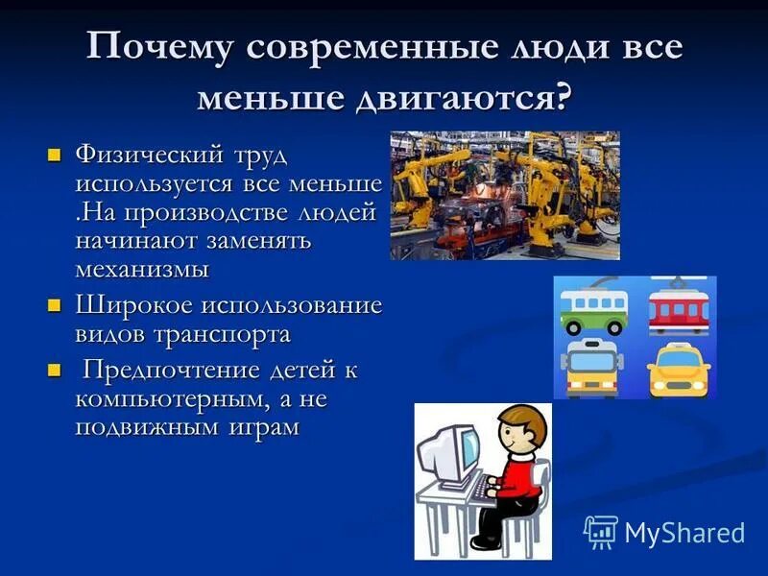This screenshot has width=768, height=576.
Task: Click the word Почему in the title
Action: (x=156, y=49)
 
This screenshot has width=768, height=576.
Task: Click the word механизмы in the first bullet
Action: (x=142, y=269)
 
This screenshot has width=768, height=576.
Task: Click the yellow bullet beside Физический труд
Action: (x=55, y=155)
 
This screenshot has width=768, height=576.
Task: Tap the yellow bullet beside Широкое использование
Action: (x=55, y=306)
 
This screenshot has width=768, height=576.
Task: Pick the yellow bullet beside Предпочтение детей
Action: (x=55, y=370)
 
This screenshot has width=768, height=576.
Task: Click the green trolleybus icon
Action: (x=592, y=309)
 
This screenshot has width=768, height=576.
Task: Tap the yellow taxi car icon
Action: (x=678, y=369)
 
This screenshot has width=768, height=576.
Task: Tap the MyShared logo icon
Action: (x=601, y=532)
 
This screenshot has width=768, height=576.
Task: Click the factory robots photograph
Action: (x=505, y=196)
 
